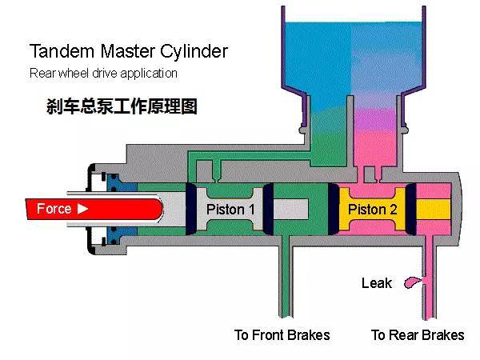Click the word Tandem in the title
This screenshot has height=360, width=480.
[62, 51]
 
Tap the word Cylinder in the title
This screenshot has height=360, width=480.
[194, 52]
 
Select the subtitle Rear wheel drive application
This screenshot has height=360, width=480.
[103, 74]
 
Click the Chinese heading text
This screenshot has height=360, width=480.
[122, 106]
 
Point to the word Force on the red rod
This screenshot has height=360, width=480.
[54, 209]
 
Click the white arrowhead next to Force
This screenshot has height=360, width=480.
[82, 209]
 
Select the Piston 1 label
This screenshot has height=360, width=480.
[230, 210]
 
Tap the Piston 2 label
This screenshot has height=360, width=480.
[373, 210]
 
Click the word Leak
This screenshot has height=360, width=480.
[377, 283]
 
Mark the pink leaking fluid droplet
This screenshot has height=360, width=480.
[413, 282]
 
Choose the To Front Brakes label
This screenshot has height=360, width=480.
[282, 335]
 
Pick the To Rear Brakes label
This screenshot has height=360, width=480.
[418, 335]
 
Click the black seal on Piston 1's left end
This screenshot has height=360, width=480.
[191, 209]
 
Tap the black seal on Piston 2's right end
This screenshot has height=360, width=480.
[410, 209]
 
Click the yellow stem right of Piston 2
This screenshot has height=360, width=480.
[434, 210]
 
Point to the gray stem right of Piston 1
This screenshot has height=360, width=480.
[290, 209]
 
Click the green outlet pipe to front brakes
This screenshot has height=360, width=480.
[286, 275]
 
